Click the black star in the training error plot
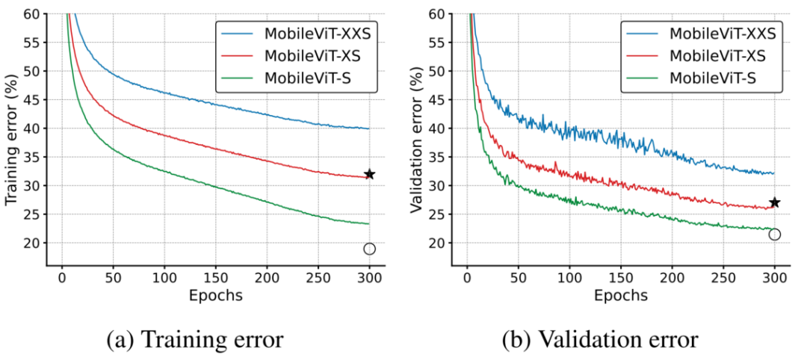[369, 174]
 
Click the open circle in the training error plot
[369, 249]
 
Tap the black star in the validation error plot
[775, 202]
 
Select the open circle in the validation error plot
[775, 235]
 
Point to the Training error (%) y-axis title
[11, 140]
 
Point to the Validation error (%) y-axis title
[417, 140]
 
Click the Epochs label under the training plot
[215, 295]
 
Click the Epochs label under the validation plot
[621, 295]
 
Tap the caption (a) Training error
[196, 341]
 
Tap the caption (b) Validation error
[602, 341]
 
